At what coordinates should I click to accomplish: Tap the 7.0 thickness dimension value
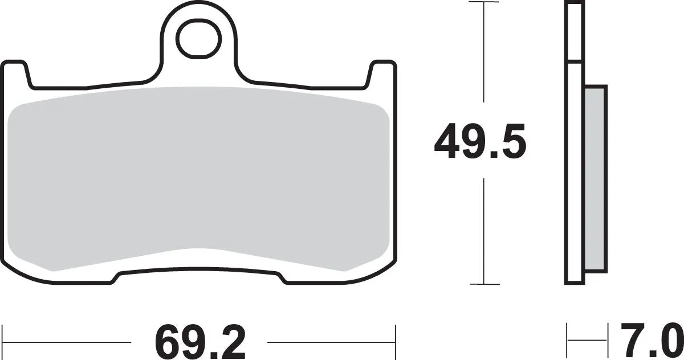tap(650, 340)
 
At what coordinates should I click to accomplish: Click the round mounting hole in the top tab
tap(198, 39)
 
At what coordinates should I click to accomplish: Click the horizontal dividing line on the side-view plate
tap(575, 62)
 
